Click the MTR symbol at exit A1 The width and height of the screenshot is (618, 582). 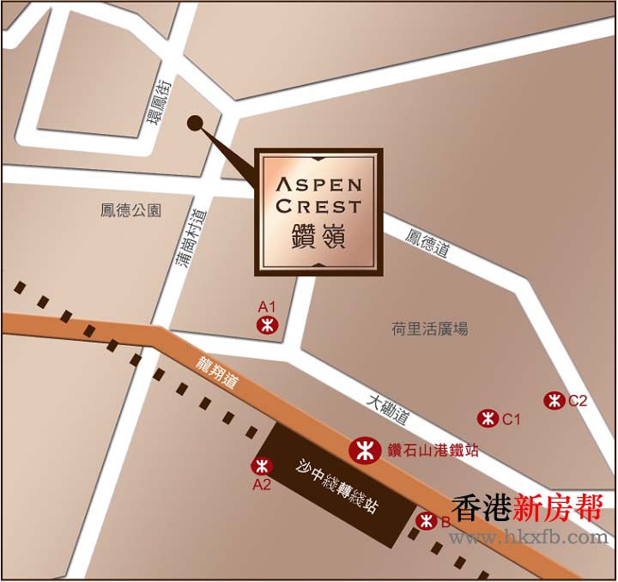tap(267, 324)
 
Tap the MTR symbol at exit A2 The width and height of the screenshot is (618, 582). tap(261, 466)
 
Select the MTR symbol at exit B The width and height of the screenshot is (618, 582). tap(426, 521)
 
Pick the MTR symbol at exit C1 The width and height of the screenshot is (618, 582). tap(488, 418)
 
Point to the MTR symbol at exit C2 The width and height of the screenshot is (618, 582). tap(554, 400)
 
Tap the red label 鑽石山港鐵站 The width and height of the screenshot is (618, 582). tap(421, 450)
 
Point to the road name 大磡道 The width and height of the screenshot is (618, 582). tap(388, 410)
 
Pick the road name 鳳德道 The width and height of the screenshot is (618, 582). tap(428, 243)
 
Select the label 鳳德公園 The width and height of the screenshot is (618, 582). tap(130, 210)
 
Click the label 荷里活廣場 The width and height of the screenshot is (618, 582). tap(430, 329)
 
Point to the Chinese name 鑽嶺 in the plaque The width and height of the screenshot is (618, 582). tap(318, 237)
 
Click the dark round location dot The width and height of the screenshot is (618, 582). tap(195, 124)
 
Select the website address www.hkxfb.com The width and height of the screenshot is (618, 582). tap(528, 538)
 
